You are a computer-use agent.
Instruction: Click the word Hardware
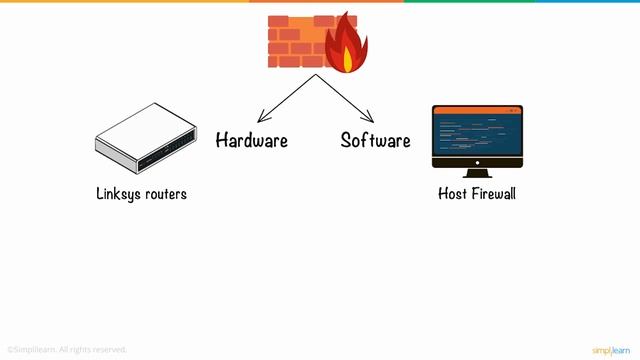[251, 141]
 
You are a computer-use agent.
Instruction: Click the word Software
[375, 141]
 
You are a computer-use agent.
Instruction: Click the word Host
[453, 194]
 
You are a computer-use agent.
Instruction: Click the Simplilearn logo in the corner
[610, 349]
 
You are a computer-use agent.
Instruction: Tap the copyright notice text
[67, 349]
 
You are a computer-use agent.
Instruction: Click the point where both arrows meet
[317, 75]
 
